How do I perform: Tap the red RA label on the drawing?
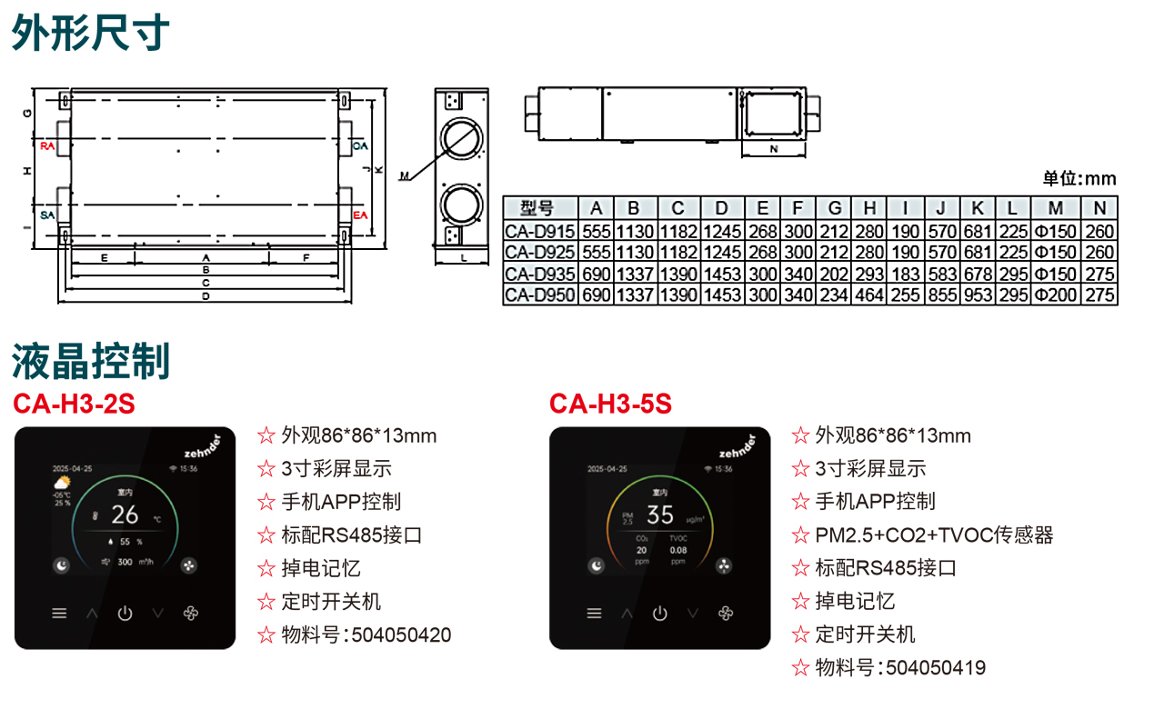[47, 145]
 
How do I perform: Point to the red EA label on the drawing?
[360, 215]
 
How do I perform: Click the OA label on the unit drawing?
[360, 145]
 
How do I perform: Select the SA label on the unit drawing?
[47, 215]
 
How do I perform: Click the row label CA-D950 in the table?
[540, 295]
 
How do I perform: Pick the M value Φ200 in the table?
[1055, 295]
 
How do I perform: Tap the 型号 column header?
[540, 208]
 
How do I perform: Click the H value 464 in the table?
[869, 295]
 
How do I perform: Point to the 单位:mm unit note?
[1079, 178]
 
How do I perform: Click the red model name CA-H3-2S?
[74, 404]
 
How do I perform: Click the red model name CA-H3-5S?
[610, 404]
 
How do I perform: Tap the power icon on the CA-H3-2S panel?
[125, 614]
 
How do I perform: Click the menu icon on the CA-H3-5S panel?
[595, 614]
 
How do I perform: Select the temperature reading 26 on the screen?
[125, 515]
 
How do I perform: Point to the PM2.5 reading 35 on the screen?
[659, 515]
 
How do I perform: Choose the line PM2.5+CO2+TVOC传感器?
[934, 535]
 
